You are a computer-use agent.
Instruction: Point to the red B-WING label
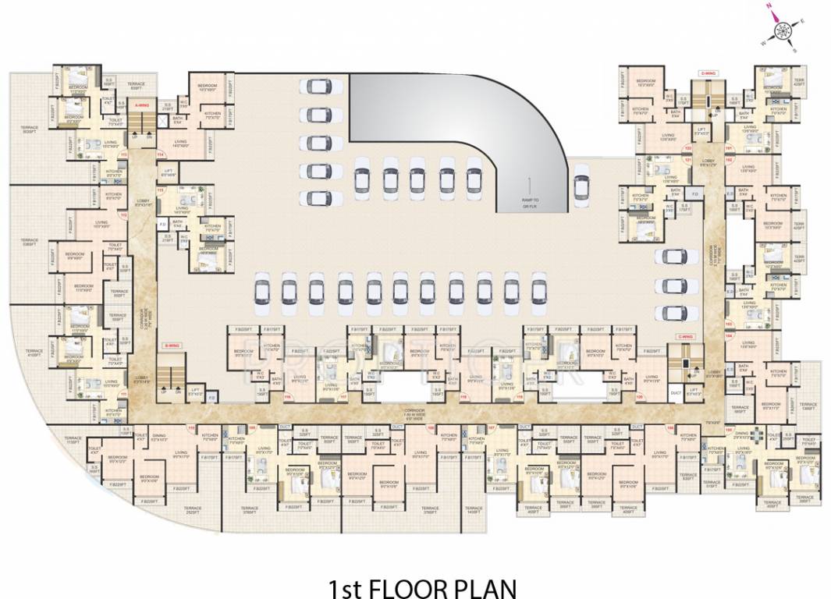[x=171, y=345]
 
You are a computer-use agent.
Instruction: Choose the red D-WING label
[x=708, y=73]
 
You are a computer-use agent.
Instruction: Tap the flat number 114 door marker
[x=161, y=155]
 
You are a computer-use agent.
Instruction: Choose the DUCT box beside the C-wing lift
[x=675, y=393]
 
